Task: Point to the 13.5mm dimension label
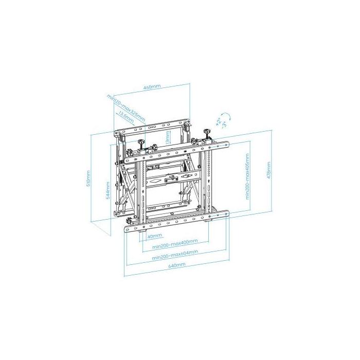[x=126, y=117]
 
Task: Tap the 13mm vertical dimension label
[x=167, y=137]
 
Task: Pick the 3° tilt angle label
[x=224, y=124]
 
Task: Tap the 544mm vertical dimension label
[x=107, y=190]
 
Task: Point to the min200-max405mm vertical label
[x=247, y=176]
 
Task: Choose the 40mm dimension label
[x=152, y=237]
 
